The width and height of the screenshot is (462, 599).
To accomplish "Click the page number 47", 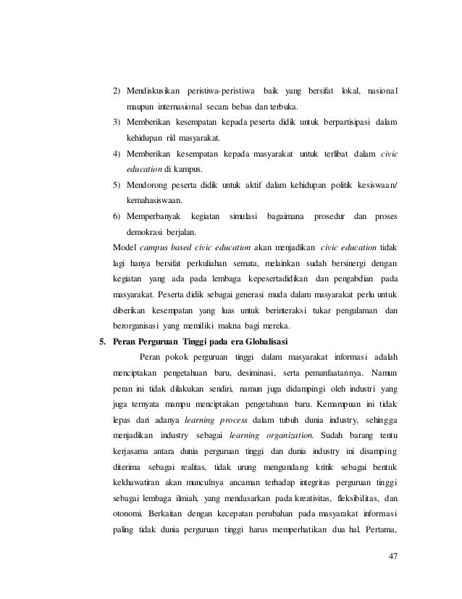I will click(394, 557).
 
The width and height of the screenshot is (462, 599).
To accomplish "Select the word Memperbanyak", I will click(151, 218).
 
